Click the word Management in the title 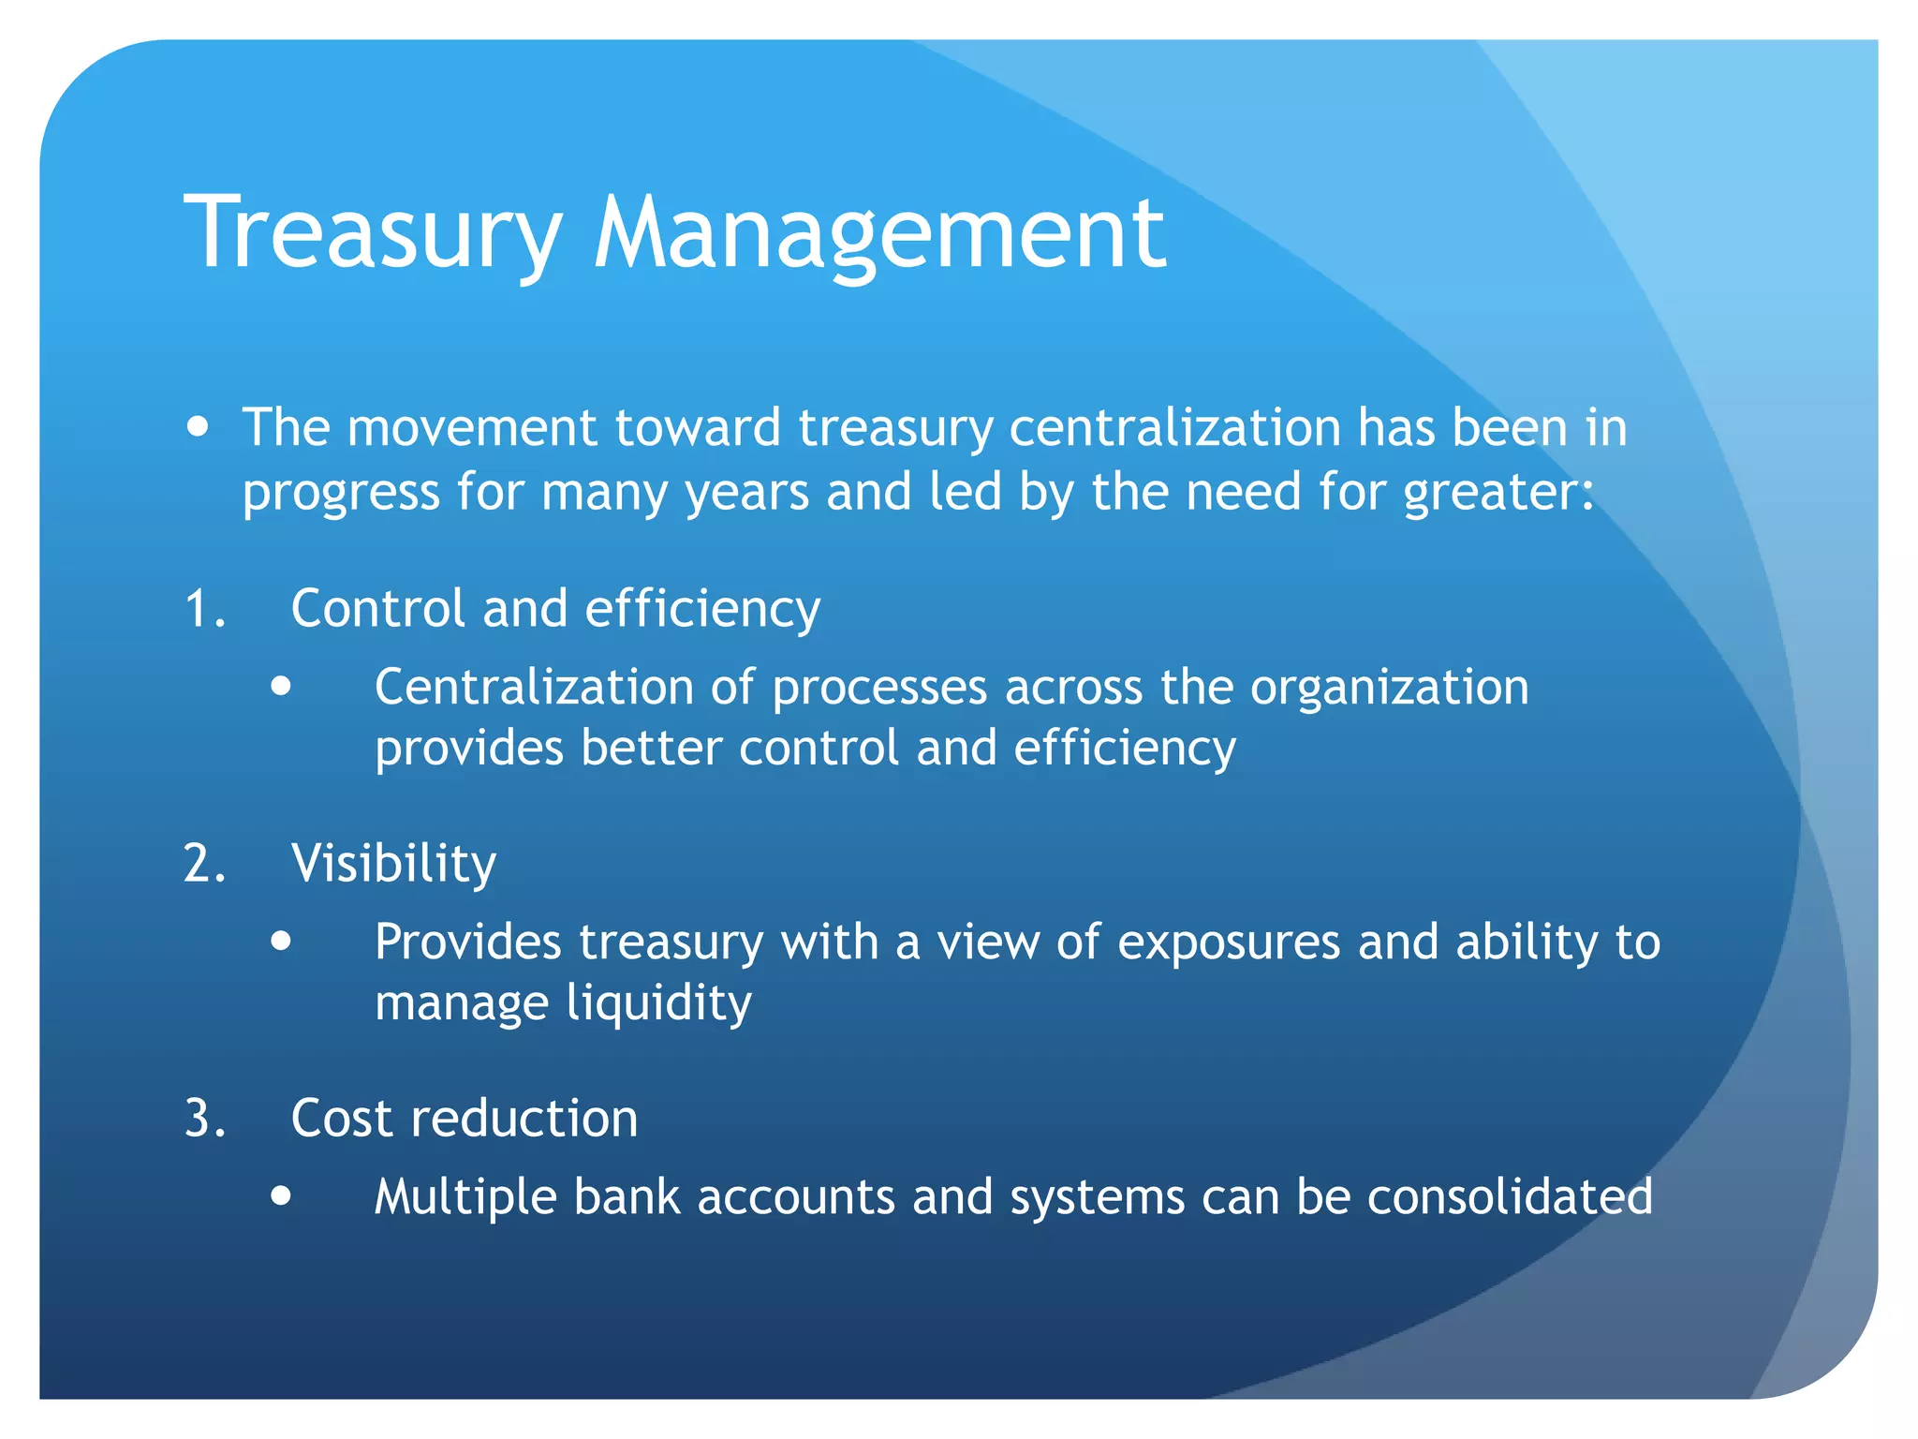point(879,234)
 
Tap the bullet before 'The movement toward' point(198,428)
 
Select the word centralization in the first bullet point(1175,428)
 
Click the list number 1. point(205,609)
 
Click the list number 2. point(205,864)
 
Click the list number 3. point(205,1119)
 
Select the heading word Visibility point(393,864)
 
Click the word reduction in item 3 point(524,1119)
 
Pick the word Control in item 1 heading point(377,609)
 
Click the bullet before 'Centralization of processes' point(281,687)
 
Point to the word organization point(1390,689)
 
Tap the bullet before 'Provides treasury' point(281,941)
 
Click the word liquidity point(659,1004)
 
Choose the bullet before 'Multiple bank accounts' point(281,1196)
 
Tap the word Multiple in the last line point(465,1197)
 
